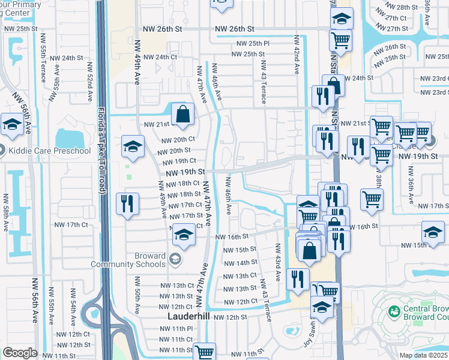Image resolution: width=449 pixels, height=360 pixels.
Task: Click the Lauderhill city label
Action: click(x=187, y=316)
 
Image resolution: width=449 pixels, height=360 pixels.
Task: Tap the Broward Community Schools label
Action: click(x=128, y=260)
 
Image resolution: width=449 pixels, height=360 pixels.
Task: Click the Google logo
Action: click(x=20, y=353)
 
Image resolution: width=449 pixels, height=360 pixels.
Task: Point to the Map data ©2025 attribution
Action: click(x=423, y=355)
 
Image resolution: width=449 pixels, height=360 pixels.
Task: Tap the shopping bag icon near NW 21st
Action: click(x=182, y=113)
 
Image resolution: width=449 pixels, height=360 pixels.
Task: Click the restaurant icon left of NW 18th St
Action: click(x=127, y=203)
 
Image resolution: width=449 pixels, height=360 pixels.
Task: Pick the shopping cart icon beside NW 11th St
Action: click(x=204, y=352)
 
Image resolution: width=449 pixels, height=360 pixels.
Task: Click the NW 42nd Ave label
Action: click(x=296, y=53)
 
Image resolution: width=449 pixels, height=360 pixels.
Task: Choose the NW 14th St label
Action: click(x=241, y=263)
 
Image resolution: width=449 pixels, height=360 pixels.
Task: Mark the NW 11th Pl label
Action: click(x=176, y=329)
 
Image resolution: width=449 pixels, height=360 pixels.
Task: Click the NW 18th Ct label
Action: click(x=184, y=184)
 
